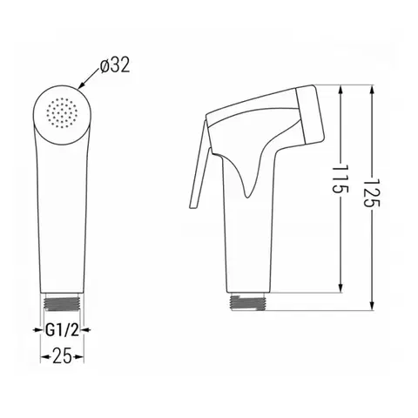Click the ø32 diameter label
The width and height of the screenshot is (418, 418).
(115, 65)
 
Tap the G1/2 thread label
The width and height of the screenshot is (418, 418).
(62, 330)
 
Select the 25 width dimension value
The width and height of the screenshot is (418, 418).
(62, 356)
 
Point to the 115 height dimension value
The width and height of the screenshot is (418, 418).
(340, 179)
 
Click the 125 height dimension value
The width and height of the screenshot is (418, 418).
(372, 192)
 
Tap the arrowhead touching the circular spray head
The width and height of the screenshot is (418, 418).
(81, 85)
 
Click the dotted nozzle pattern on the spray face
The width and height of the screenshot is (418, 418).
(62, 113)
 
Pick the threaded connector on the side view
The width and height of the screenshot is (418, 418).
(248, 303)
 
